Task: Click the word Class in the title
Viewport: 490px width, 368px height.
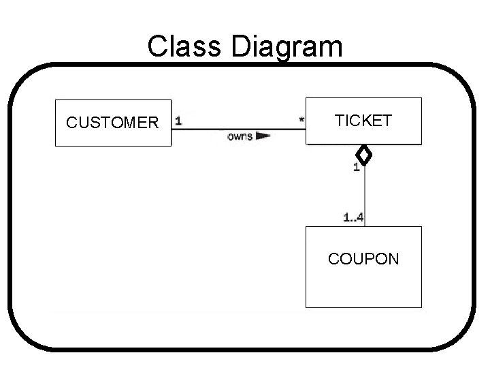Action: (178, 47)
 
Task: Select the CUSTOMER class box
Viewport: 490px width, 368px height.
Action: (112, 123)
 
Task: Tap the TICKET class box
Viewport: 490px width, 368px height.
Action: (363, 121)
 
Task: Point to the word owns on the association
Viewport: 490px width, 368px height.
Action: (240, 136)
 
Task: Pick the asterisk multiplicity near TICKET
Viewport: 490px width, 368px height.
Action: (301, 121)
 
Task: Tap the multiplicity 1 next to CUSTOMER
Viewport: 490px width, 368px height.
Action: (178, 121)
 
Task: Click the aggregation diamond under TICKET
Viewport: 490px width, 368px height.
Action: (365, 155)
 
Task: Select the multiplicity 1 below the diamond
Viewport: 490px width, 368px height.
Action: (357, 168)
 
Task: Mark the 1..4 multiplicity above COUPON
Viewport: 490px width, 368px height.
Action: (353, 217)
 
